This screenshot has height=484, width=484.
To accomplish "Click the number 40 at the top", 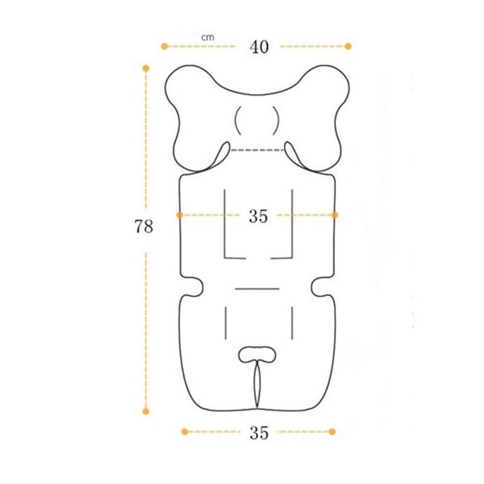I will (258, 47).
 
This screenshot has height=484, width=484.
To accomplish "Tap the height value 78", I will (144, 227).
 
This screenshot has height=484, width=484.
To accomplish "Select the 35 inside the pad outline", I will (258, 217).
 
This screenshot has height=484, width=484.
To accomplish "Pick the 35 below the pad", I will (258, 433).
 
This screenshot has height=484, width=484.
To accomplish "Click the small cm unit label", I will (208, 37).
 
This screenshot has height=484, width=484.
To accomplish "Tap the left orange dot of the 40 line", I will (163, 46).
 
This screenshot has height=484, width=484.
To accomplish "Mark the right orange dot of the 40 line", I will (348, 46).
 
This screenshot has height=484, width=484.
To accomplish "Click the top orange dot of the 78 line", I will (146, 68).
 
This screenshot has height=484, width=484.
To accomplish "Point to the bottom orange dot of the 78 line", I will (146, 411).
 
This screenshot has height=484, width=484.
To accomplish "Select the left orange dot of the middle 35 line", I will (180, 215).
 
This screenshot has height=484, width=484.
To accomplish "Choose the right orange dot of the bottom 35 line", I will (332, 431).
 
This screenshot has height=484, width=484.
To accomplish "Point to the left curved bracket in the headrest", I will (238, 119).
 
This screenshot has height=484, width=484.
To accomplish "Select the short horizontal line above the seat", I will (257, 289).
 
